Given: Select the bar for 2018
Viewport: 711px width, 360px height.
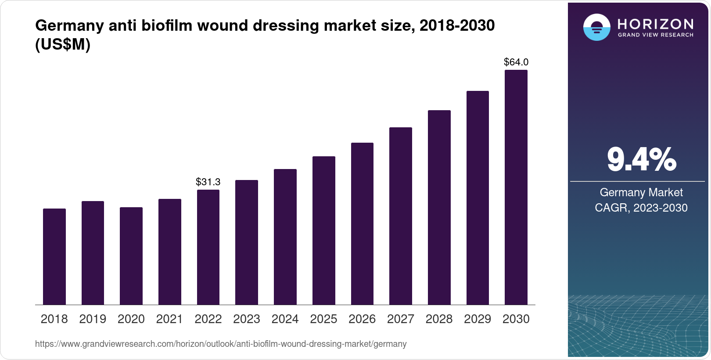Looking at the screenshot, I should tap(54, 257).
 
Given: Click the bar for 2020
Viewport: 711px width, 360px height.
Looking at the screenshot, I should tap(131, 256).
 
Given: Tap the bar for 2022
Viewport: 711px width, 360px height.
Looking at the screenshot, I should tap(208, 247).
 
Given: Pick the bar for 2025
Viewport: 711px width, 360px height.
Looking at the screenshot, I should tap(324, 230).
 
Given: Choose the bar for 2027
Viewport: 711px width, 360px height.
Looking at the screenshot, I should tap(401, 216).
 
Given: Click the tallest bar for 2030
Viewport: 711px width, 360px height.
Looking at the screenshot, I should tap(516, 187).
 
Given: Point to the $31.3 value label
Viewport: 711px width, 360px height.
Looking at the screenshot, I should tap(208, 182).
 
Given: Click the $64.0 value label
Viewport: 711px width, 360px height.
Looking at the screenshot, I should tap(516, 62).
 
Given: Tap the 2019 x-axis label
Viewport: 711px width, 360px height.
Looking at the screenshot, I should tap(93, 319).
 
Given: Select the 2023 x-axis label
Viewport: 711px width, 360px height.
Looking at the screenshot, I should tap(247, 319).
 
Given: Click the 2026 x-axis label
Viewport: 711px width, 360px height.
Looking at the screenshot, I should tap(362, 319).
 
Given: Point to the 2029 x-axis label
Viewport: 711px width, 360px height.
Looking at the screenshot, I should tap(478, 319).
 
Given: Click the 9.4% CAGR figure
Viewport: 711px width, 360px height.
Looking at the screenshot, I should tap(641, 160).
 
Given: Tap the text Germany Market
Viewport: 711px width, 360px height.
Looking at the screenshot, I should tap(641, 192).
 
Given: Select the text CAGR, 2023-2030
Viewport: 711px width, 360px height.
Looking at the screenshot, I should tap(641, 208).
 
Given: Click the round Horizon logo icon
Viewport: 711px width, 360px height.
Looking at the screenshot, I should tap(596, 27).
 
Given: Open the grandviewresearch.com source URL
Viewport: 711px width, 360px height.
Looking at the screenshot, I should tap(221, 344).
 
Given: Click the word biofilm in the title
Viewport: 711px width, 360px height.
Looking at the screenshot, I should tap(167, 25).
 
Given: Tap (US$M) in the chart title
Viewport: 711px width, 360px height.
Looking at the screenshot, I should tap(63, 44).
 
